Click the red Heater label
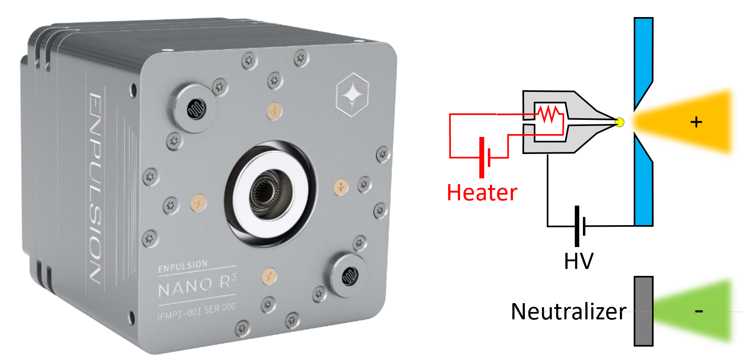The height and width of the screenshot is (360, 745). click(x=482, y=193)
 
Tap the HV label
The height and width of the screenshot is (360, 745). click(x=578, y=261)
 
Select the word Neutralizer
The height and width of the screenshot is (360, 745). click(x=568, y=312)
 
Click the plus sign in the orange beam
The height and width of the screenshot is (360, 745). click(x=696, y=122)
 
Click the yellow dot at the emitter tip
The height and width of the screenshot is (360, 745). click(x=619, y=122)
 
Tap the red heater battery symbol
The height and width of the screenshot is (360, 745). click(x=485, y=157)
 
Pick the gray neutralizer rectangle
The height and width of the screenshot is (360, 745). click(x=643, y=311)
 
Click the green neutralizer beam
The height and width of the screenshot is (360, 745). click(x=695, y=311)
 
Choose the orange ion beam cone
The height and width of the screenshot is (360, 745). click(x=687, y=122)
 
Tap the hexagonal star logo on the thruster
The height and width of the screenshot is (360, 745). click(x=352, y=95)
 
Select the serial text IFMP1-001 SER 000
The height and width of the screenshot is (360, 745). click(x=197, y=312)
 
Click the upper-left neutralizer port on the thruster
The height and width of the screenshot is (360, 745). click(x=196, y=108)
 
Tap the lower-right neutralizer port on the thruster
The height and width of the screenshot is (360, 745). click(x=349, y=276)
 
